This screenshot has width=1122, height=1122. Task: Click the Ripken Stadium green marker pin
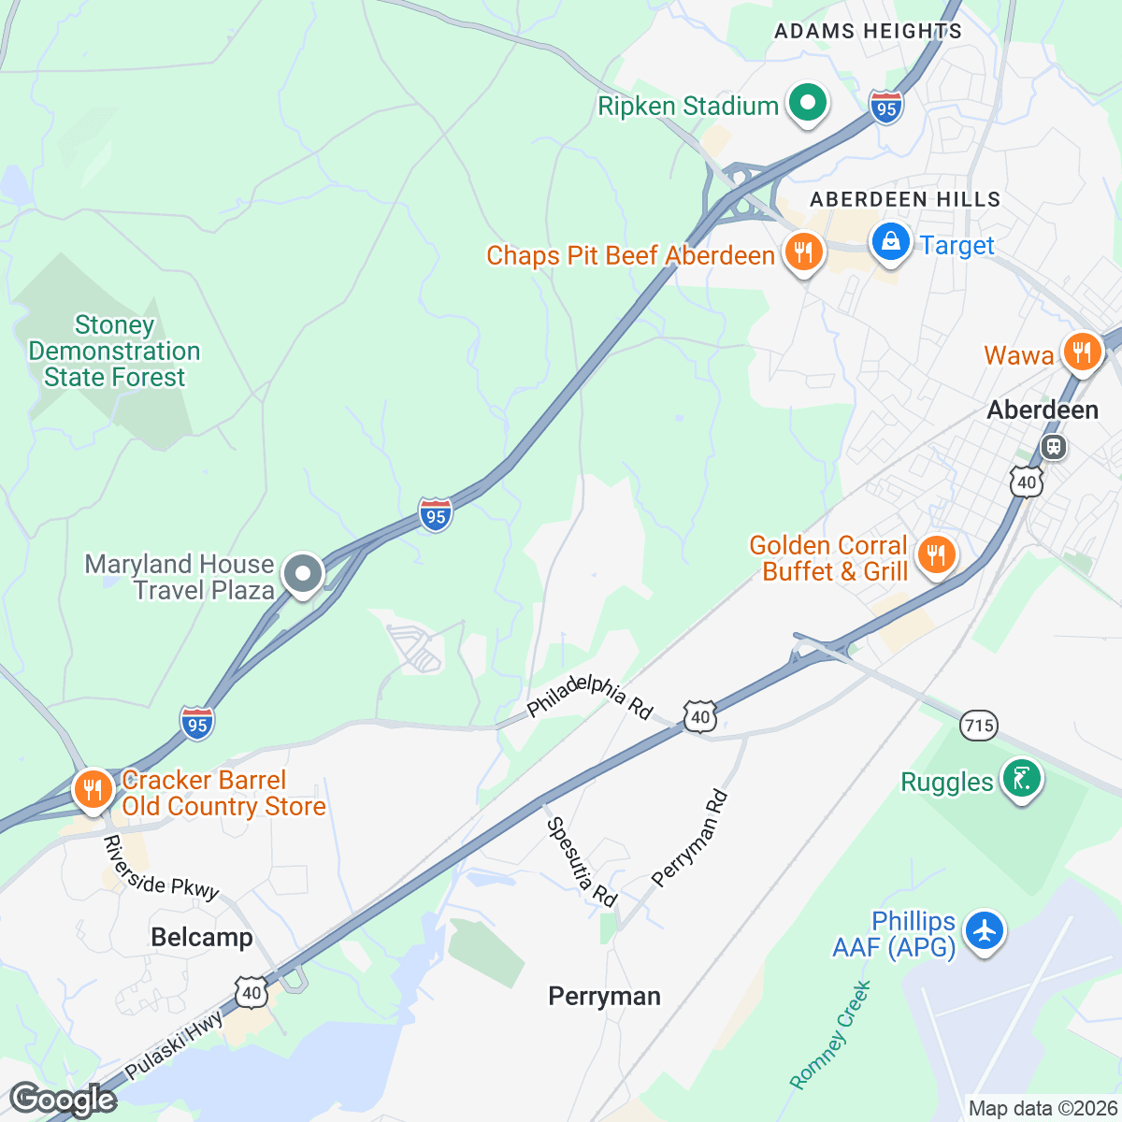(x=808, y=104)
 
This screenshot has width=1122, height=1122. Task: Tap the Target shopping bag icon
(x=890, y=243)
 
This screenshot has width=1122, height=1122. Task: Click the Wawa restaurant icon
(x=1081, y=352)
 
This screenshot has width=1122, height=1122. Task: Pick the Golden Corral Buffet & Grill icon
(x=935, y=555)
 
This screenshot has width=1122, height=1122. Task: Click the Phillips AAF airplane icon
(x=984, y=931)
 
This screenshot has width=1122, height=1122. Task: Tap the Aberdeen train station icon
(x=1054, y=447)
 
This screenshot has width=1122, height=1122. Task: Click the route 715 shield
(x=978, y=725)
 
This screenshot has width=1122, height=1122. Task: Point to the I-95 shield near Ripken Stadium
(x=885, y=108)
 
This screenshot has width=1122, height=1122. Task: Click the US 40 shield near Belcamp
(x=251, y=993)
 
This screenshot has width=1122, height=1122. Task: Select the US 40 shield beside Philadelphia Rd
(x=700, y=717)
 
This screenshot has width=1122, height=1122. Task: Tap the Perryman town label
(x=604, y=997)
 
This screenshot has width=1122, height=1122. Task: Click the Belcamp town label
(x=202, y=938)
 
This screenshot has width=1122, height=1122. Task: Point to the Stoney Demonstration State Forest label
(x=114, y=352)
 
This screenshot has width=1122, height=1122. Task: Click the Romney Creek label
(x=831, y=1035)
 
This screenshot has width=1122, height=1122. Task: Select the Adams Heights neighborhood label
(x=868, y=31)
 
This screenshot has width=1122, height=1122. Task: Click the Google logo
(x=63, y=1100)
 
